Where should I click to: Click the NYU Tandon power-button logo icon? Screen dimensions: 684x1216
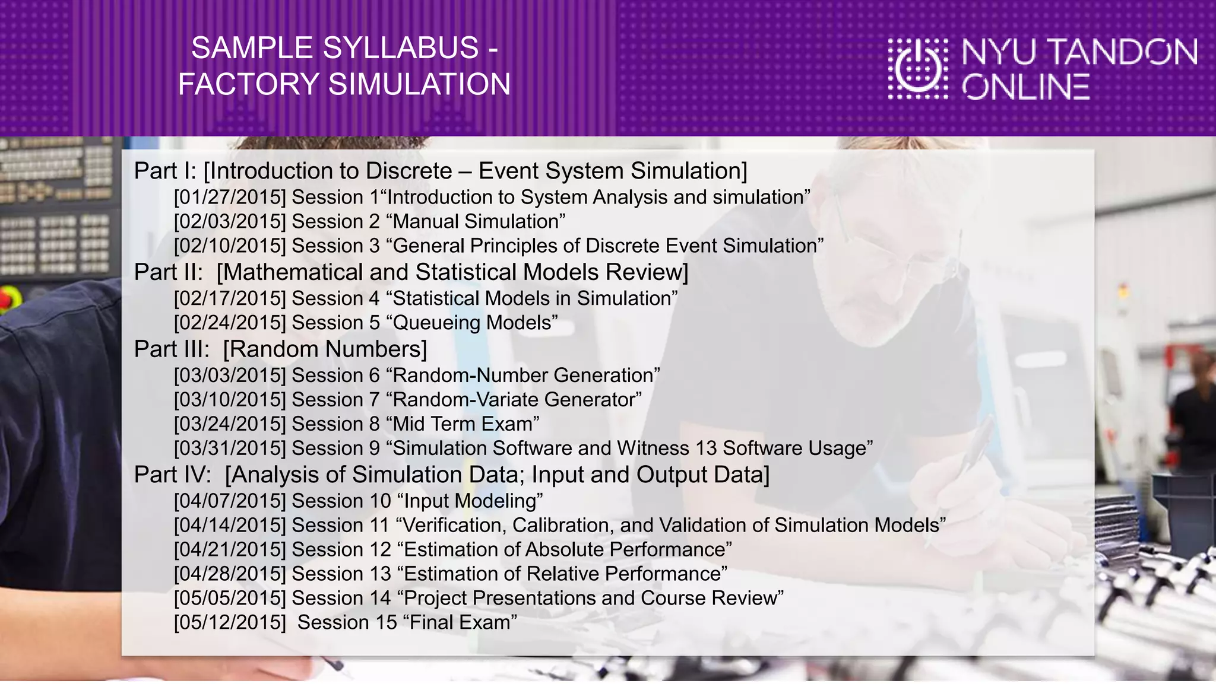[x=918, y=68]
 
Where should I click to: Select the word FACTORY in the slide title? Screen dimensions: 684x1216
[x=249, y=84]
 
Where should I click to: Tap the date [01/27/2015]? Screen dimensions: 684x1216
[x=230, y=197]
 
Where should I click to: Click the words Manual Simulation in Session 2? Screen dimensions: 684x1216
[x=476, y=221]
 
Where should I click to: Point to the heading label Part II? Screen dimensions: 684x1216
[x=169, y=272]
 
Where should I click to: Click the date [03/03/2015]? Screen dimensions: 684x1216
[x=230, y=376]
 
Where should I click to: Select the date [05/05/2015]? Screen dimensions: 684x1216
[x=230, y=598]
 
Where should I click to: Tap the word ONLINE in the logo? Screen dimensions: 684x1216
[x=1026, y=88]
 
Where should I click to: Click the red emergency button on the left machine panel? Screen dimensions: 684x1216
[x=7, y=297]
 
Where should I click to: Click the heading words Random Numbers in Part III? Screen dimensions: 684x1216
[x=325, y=349]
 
